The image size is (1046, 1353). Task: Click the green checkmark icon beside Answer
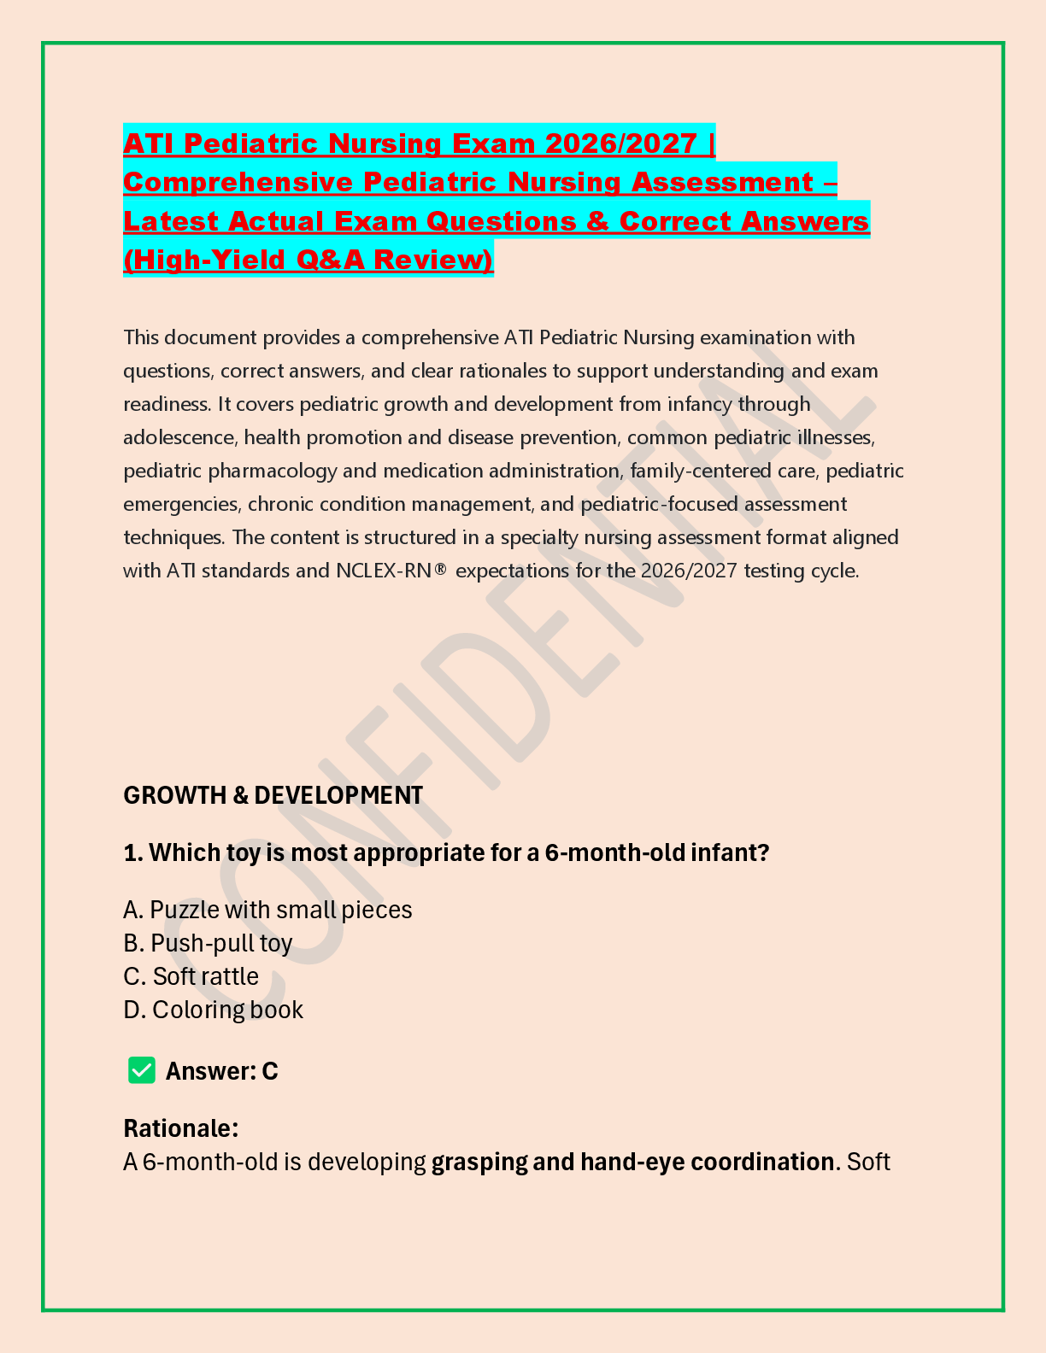tap(142, 1070)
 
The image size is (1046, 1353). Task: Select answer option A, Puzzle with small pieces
tap(267, 910)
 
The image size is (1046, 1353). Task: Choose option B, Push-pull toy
tap(208, 943)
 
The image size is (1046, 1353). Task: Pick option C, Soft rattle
tap(191, 976)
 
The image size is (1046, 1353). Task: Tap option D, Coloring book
tap(213, 1010)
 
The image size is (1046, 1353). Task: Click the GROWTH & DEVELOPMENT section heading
tap(273, 795)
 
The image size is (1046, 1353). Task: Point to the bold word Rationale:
tap(180, 1128)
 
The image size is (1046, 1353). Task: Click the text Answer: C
tap(221, 1071)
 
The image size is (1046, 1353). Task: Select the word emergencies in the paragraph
tap(180, 504)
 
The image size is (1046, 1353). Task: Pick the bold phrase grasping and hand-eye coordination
tap(632, 1162)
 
